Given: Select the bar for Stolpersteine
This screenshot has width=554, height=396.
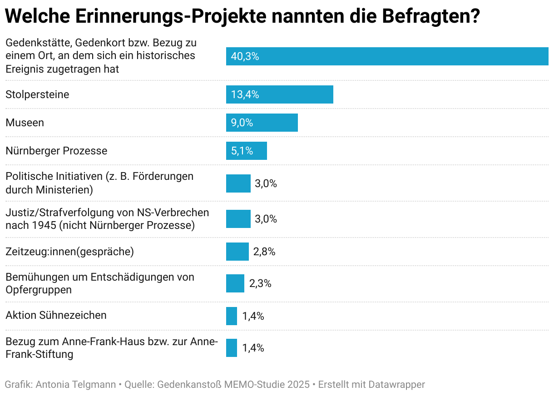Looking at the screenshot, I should click(279, 94).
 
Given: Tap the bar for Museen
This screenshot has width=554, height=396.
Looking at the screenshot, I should click(262, 123).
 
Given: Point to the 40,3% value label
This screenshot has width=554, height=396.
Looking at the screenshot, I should click(245, 57).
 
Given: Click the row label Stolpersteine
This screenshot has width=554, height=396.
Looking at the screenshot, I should click(37, 94).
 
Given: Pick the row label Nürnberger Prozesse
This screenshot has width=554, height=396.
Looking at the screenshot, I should click(56, 151).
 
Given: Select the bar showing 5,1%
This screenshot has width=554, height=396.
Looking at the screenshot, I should click(246, 151).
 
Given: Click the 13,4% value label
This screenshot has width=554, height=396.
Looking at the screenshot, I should click(245, 94).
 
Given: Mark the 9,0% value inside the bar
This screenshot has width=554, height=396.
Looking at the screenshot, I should click(242, 123).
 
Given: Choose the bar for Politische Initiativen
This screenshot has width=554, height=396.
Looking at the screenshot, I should click(238, 183).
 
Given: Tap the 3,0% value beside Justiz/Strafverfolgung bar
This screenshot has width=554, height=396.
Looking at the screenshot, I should click(266, 219).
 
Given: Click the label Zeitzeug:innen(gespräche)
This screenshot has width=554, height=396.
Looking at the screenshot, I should click(69, 252).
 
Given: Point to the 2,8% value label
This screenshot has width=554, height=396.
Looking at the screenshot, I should click(264, 252).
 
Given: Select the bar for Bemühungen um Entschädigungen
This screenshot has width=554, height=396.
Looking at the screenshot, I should click(235, 283).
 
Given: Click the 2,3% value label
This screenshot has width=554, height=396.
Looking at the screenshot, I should click(260, 283).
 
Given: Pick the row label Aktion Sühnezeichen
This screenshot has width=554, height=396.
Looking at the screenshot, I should click(56, 315).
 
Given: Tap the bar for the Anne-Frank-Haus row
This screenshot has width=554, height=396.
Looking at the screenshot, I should click(231, 348).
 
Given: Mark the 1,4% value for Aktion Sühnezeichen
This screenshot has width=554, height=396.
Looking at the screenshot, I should click(253, 316).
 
